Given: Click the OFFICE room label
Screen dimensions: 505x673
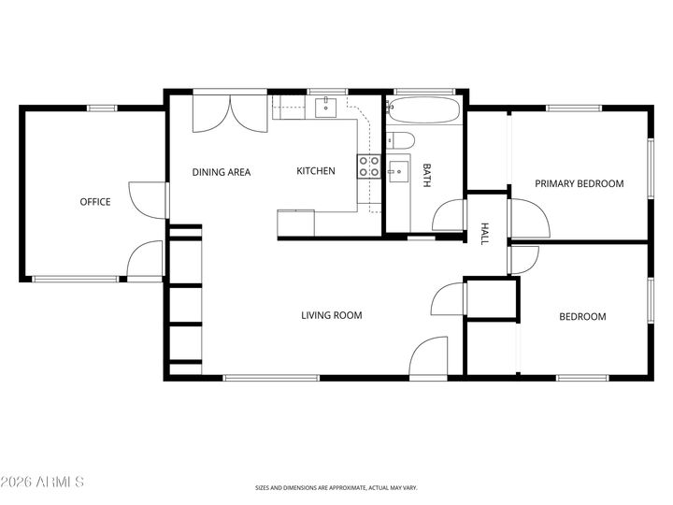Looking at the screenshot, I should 94,202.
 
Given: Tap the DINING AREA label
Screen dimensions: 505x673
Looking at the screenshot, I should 221,172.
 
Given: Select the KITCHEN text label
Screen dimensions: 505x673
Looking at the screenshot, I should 316,171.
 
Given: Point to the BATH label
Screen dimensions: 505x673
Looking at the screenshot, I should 427,176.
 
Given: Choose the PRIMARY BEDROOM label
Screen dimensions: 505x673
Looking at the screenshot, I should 579,184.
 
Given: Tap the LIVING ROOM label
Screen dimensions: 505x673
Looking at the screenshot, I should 331,316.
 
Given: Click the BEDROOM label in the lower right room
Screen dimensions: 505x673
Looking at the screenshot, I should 582,317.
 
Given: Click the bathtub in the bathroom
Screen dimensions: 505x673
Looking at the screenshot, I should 424,111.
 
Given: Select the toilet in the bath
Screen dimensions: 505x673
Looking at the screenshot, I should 400,141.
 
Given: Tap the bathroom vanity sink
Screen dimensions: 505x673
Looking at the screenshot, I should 397,170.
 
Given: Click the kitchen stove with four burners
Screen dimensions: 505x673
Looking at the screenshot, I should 368,166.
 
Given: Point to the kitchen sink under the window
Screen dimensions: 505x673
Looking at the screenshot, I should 325,109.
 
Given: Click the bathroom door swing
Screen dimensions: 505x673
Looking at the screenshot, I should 450,216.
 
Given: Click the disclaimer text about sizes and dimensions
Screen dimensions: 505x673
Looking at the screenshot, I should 336,487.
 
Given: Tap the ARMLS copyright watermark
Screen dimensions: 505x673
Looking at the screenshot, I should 43,482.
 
